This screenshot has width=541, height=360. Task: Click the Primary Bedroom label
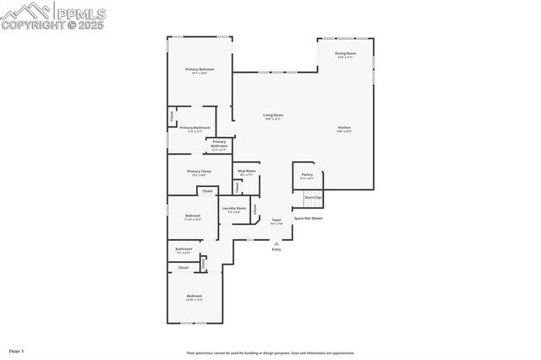pyautogui.click(x=200, y=69)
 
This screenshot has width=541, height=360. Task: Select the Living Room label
pyautogui.click(x=272, y=115)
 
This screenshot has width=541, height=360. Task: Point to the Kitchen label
pyautogui.click(x=344, y=128)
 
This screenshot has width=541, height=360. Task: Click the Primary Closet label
pyautogui.click(x=200, y=172)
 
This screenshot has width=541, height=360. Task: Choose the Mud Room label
pyautogui.click(x=247, y=172)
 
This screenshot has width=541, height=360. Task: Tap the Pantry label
pyautogui.click(x=307, y=175)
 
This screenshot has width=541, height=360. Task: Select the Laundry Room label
pyautogui.click(x=234, y=208)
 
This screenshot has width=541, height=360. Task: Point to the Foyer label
pyautogui.click(x=276, y=220)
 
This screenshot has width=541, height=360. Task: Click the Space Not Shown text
pyautogui.click(x=308, y=218)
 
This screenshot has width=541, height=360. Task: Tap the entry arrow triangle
pyautogui.click(x=276, y=243)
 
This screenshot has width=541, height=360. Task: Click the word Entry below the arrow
pyautogui.click(x=276, y=250)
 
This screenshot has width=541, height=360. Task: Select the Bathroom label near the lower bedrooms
pyautogui.click(x=183, y=249)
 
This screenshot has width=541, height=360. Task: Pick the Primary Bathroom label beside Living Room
pyautogui.click(x=220, y=145)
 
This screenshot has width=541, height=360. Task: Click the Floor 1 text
pyautogui.click(x=17, y=350)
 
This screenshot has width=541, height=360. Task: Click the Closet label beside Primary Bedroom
pyautogui.click(x=172, y=117)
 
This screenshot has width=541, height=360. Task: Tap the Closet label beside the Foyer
pyautogui.click(x=254, y=208)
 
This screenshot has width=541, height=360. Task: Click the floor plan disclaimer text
pyautogui.click(x=270, y=353)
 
